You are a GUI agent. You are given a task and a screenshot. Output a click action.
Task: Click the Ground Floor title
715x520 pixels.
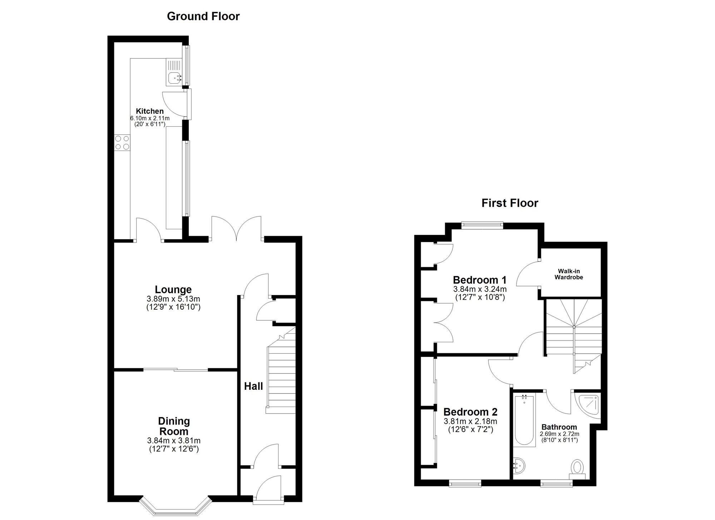pyautogui.click(x=203, y=16)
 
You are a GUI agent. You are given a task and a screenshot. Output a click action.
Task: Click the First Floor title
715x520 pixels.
pyautogui.click(x=509, y=203)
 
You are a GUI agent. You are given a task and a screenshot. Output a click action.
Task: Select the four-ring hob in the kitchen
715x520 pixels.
pyautogui.click(x=122, y=142)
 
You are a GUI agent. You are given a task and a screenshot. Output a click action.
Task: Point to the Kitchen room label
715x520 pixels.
pyautogui.click(x=149, y=111)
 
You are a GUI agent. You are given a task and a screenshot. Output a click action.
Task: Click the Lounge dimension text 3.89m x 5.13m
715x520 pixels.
pyautogui.click(x=173, y=299)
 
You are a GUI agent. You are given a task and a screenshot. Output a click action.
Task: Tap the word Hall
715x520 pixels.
pyautogui.click(x=253, y=386)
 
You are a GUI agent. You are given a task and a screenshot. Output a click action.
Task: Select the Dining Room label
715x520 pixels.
pyautogui.click(x=174, y=426)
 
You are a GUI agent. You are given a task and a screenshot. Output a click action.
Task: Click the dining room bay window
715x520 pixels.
pyautogui.click(x=174, y=507)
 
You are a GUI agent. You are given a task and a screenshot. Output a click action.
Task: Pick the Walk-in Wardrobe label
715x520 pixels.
pyautogui.click(x=568, y=274)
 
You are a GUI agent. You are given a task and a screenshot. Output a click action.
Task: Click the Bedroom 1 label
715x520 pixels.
pyautogui.click(x=480, y=280)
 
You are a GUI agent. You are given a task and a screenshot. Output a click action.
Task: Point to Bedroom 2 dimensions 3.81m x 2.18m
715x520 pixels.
pyautogui.click(x=470, y=422)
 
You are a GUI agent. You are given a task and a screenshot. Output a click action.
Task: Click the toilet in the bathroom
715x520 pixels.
pyautogui.click(x=577, y=468)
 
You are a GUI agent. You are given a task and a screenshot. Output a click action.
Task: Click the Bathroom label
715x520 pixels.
pyautogui.click(x=559, y=427)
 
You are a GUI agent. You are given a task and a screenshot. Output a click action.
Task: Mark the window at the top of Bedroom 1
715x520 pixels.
pyautogui.click(x=482, y=225)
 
